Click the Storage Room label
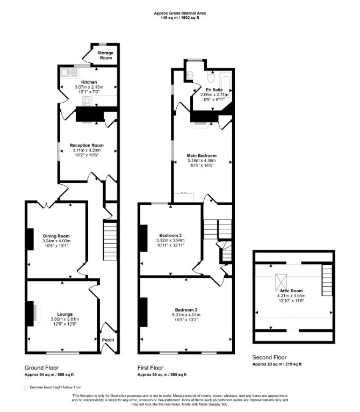tap(105, 55)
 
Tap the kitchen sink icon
tap(70, 73)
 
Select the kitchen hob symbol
tap(87, 101)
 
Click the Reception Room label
tap(87, 146)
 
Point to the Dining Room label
tap(56, 236)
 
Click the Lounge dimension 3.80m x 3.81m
tap(65, 319)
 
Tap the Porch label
tap(108, 340)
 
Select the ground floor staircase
tap(110, 242)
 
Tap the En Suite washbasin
tap(190, 75)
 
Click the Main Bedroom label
tap(201, 156)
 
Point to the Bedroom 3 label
tap(170, 235)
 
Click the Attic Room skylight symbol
tap(281, 283)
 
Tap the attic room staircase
tap(327, 280)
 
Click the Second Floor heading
tap(269, 357)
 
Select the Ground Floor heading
tap(41, 368)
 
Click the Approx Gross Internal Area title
tap(180, 13)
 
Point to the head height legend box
tap(26, 388)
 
